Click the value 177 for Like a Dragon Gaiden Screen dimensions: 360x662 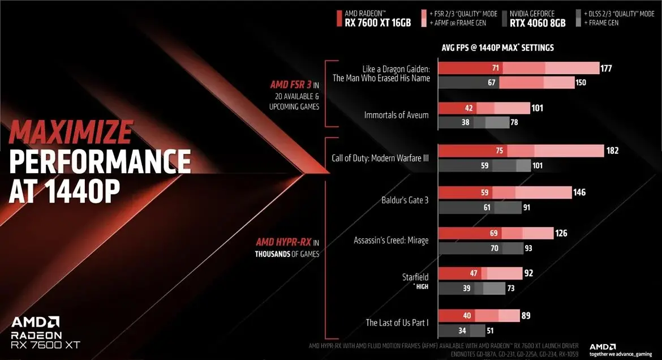[607, 68]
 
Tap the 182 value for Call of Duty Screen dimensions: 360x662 [612, 151]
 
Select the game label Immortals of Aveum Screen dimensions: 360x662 [396, 115]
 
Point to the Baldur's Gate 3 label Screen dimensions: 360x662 [405, 200]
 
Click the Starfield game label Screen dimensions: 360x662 [415, 277]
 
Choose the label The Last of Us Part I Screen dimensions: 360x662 [397, 323]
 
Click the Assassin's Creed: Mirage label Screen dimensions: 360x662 [391, 240]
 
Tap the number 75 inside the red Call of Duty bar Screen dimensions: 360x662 [500, 151]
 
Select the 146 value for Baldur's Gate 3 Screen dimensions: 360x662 [579, 192]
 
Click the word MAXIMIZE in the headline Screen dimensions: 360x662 [70, 133]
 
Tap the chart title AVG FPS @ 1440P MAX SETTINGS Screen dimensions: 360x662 [497, 48]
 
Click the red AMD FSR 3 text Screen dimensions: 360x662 [291, 85]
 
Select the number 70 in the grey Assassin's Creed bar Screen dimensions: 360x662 [494, 248]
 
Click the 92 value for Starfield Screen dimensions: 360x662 [529, 273]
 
